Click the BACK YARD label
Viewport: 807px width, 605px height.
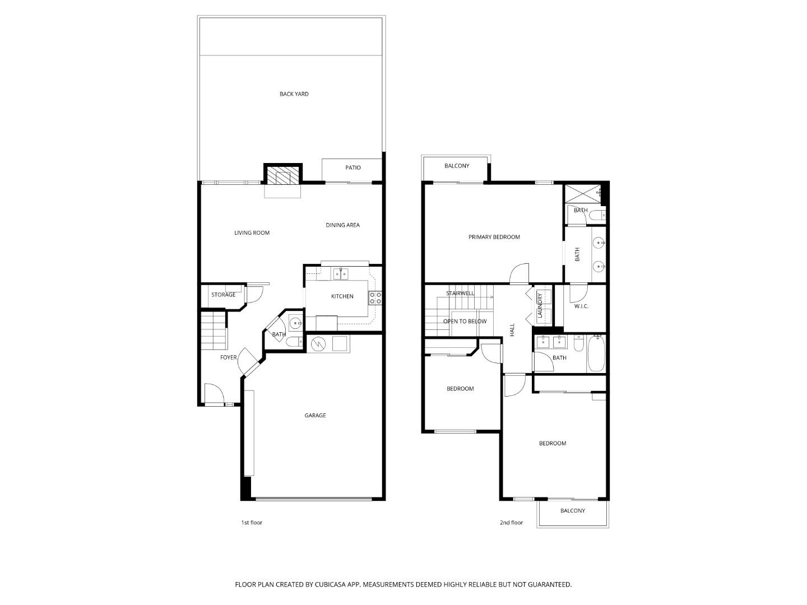click(x=294, y=94)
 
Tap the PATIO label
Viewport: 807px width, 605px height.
click(x=353, y=167)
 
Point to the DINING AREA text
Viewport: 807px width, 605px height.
click(x=342, y=225)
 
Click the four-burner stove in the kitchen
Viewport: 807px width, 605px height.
click(x=375, y=298)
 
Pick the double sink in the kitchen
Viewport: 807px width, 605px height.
click(x=340, y=273)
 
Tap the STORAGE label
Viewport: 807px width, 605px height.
click(x=223, y=295)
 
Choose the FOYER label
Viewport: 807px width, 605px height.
click(x=228, y=357)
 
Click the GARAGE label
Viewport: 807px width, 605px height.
click(x=315, y=416)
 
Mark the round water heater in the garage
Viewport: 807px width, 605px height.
click(x=317, y=343)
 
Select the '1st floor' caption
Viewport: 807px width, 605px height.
click(x=252, y=523)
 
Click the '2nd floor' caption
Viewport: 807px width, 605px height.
click(x=511, y=523)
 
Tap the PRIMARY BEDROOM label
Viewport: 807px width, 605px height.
click(x=494, y=237)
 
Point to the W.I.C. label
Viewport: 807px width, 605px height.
click(x=581, y=306)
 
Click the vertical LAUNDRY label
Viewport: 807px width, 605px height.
click(x=540, y=306)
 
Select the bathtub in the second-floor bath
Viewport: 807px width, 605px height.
click(x=596, y=355)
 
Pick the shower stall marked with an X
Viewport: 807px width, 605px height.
click(x=583, y=193)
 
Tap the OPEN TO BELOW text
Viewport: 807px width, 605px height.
click(x=465, y=322)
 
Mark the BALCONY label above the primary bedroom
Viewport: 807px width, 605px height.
click(x=457, y=166)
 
